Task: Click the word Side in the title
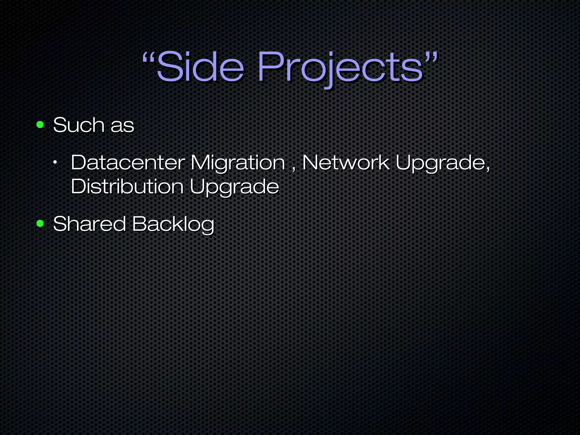(x=200, y=67)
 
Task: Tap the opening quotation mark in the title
(x=148, y=57)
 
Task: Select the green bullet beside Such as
(x=40, y=125)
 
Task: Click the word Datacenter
(x=127, y=163)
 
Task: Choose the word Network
(x=346, y=163)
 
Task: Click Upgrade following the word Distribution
(x=234, y=187)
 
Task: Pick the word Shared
(x=89, y=224)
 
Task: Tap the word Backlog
(x=173, y=224)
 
